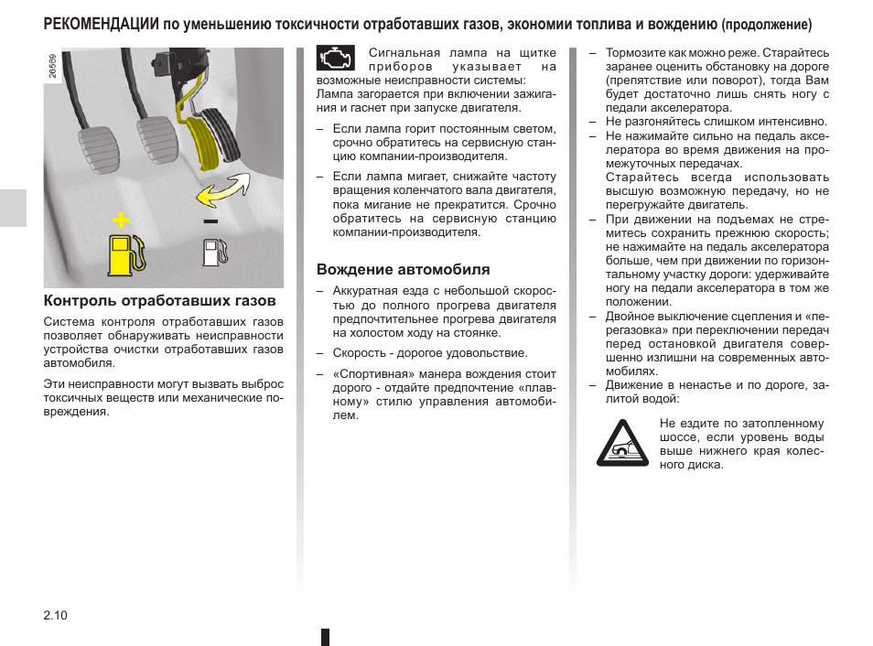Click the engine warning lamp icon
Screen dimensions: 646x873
[x=335, y=59]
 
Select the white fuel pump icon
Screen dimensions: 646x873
[x=214, y=253]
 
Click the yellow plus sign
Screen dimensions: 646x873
[x=119, y=221]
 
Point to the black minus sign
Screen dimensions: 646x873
[x=210, y=221]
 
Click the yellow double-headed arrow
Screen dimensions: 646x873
[x=222, y=189]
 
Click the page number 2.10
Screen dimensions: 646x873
[x=55, y=615]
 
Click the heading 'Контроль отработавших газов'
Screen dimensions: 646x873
[x=159, y=301]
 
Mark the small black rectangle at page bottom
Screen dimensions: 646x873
[x=325, y=637]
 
